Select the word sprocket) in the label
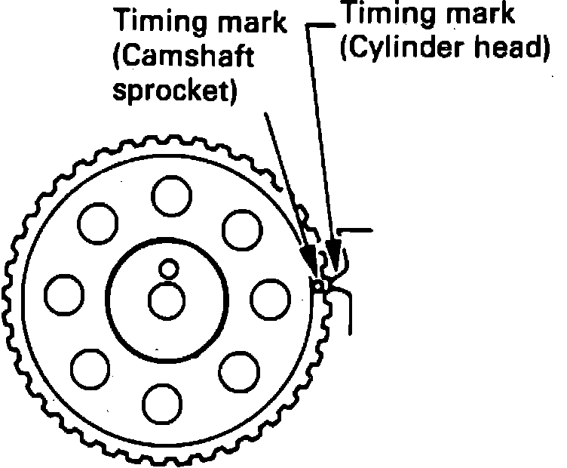[x=174, y=91]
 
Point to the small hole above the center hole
[x=167, y=268]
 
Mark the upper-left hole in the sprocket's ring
[x=98, y=222]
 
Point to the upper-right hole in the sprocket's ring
[x=241, y=227]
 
